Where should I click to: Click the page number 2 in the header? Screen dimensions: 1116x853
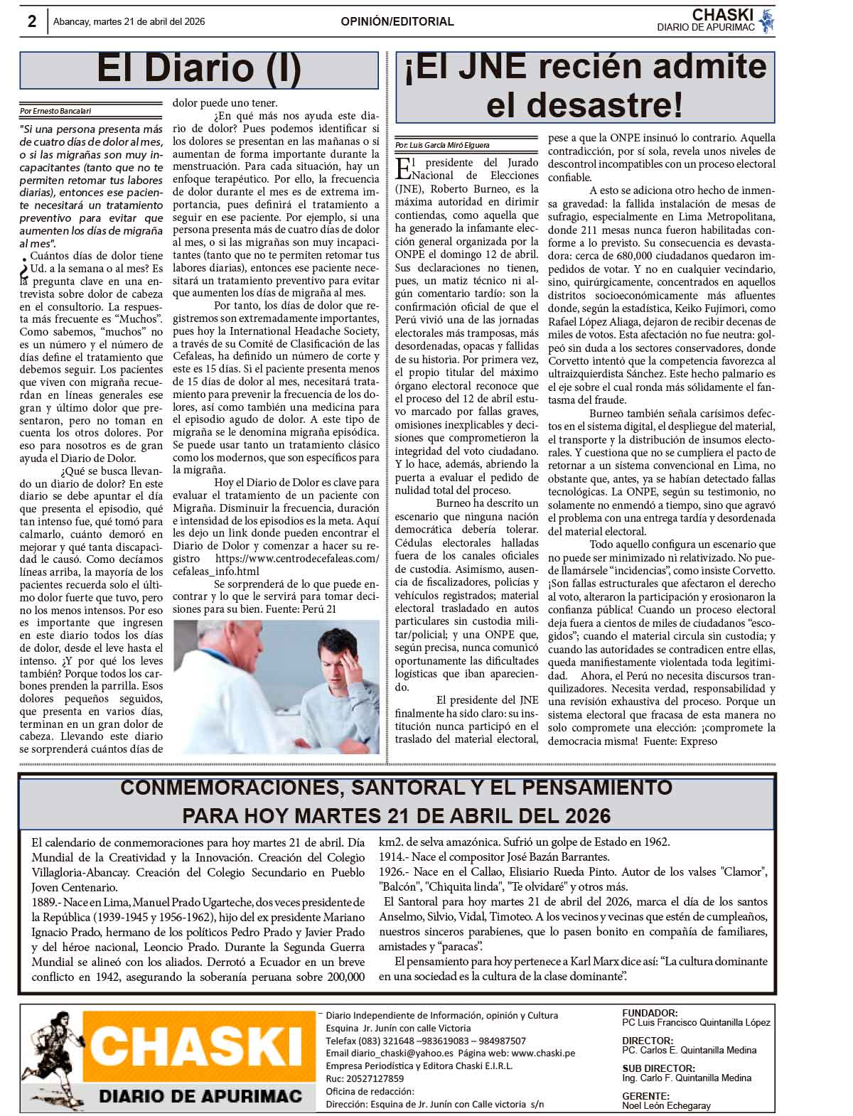click(32, 21)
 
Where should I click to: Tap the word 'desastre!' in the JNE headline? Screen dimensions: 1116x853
click(584, 105)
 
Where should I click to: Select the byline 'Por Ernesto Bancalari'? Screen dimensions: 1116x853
click(56, 111)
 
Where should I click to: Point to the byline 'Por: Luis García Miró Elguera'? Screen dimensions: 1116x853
click(442, 145)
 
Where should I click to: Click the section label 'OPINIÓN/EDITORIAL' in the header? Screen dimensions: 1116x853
click(397, 22)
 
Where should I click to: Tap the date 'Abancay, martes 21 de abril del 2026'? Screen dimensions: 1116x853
click(129, 22)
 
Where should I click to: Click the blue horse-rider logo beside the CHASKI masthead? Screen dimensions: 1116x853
click(766, 21)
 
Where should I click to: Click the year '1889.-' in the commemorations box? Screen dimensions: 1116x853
click(48, 903)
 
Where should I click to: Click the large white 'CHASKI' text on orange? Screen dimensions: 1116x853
click(198, 1047)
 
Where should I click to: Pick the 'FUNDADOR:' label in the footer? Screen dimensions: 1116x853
click(650, 1013)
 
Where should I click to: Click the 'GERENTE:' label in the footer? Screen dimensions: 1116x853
click(645, 1096)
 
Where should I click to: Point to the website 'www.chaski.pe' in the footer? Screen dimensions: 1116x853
click(543, 1053)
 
